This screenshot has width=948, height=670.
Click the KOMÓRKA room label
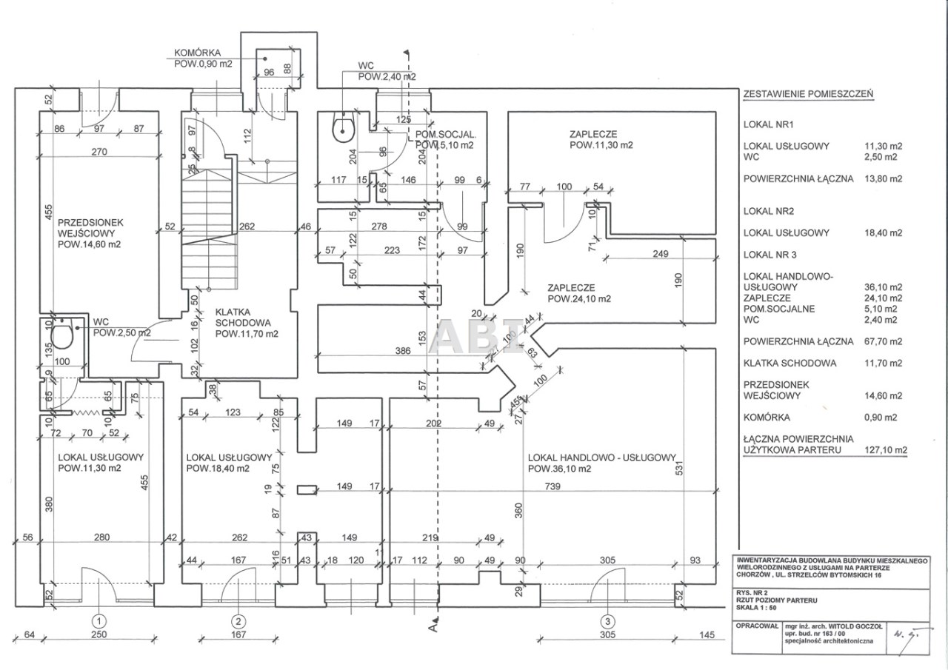click(x=196, y=53)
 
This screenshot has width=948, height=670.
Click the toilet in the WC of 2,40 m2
click(x=344, y=129)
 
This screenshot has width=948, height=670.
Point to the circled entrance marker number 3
click(x=607, y=620)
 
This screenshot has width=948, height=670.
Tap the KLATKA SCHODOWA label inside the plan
click(x=231, y=323)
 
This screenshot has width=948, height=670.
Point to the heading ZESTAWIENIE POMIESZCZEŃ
click(x=808, y=95)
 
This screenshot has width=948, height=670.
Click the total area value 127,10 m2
click(x=886, y=449)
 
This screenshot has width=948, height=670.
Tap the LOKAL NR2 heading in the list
click(x=767, y=211)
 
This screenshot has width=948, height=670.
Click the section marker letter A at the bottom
click(x=434, y=629)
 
